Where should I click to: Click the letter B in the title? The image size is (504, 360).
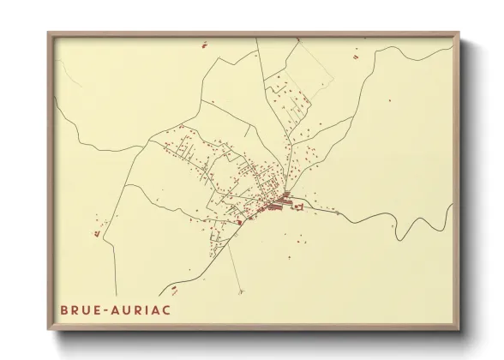[64, 309]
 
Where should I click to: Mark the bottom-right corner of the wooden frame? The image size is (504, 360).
[459, 329]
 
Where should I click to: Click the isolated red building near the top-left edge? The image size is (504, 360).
[203, 45]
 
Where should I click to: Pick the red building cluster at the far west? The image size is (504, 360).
[99, 231]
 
